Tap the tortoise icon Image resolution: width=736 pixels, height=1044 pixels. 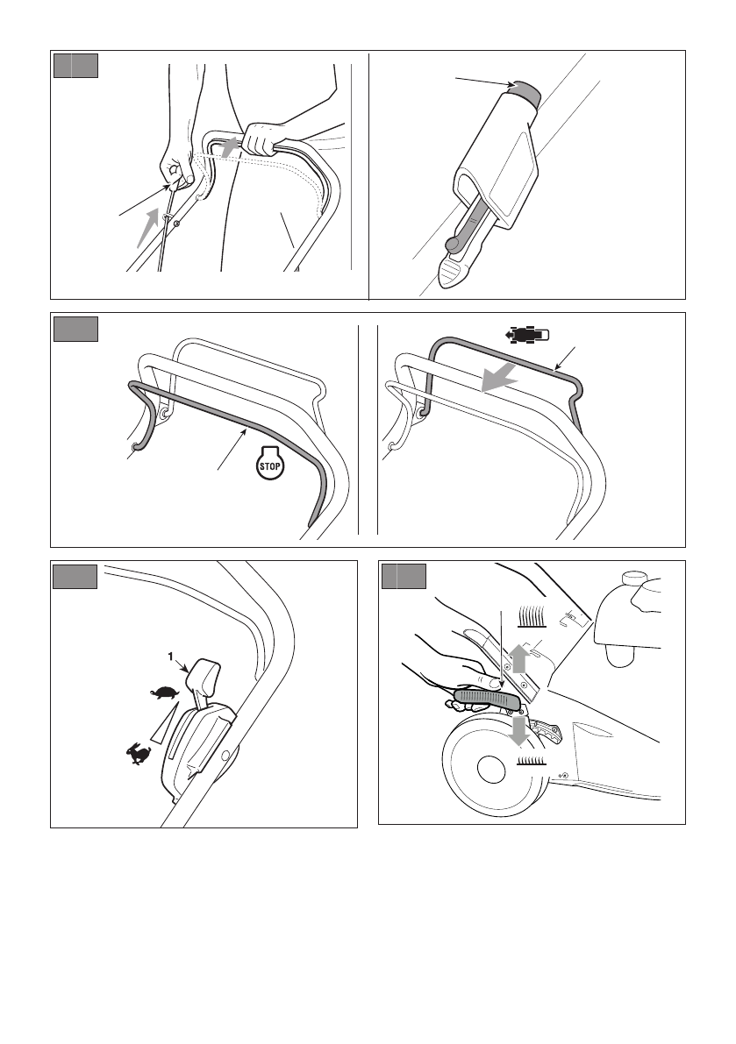pyautogui.click(x=165, y=693)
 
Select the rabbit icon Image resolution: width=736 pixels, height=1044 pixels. pyautogui.click(x=139, y=754)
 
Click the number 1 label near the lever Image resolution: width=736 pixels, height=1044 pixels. pyautogui.click(x=170, y=657)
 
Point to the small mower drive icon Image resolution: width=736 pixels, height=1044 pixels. pyautogui.click(x=527, y=335)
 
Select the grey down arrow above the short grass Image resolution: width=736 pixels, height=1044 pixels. pyautogui.click(x=518, y=729)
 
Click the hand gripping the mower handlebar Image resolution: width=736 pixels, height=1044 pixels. pyautogui.click(x=261, y=138)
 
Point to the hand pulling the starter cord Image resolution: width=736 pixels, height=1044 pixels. pyautogui.click(x=175, y=164)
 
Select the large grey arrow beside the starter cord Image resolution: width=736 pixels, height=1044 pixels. pyautogui.click(x=148, y=227)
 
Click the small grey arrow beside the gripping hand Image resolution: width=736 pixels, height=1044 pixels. pyautogui.click(x=230, y=147)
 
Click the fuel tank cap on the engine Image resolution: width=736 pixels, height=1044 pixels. pyautogui.click(x=632, y=579)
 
